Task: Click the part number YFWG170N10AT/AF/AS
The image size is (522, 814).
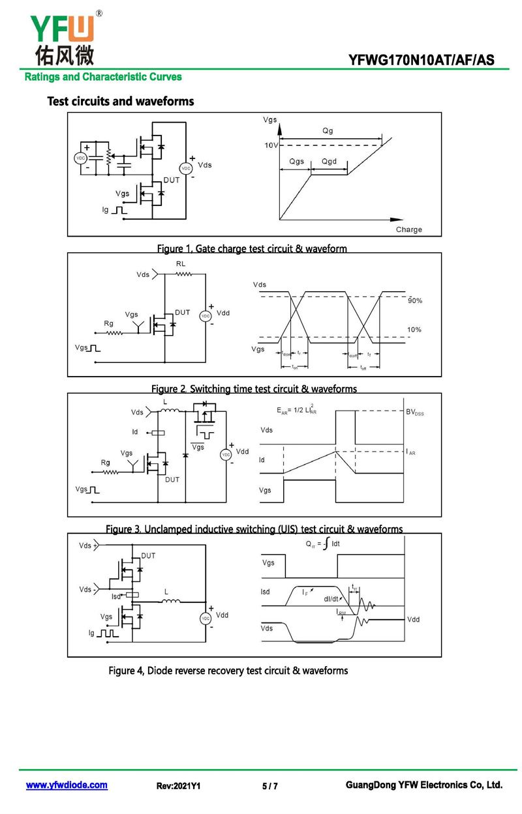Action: coord(421,61)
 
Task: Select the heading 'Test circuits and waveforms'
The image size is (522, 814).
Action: coord(121,102)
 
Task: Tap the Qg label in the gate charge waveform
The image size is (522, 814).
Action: coord(328,131)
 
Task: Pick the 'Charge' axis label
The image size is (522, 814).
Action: coord(409,229)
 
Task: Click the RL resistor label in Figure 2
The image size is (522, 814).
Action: coord(181,263)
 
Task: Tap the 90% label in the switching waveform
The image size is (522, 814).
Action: coord(415,300)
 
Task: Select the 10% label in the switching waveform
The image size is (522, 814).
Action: coord(414,330)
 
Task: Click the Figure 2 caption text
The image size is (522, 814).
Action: coord(254,389)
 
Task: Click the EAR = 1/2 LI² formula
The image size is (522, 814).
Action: coord(297,411)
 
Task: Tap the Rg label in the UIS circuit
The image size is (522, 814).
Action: coord(106,462)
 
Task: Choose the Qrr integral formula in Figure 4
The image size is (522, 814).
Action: coord(322,543)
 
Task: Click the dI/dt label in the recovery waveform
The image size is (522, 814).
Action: coord(332,599)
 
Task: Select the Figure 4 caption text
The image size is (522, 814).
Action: coord(228,671)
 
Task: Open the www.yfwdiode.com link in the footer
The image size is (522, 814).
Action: coord(67,785)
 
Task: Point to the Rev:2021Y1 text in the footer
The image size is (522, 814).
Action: coord(178,787)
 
